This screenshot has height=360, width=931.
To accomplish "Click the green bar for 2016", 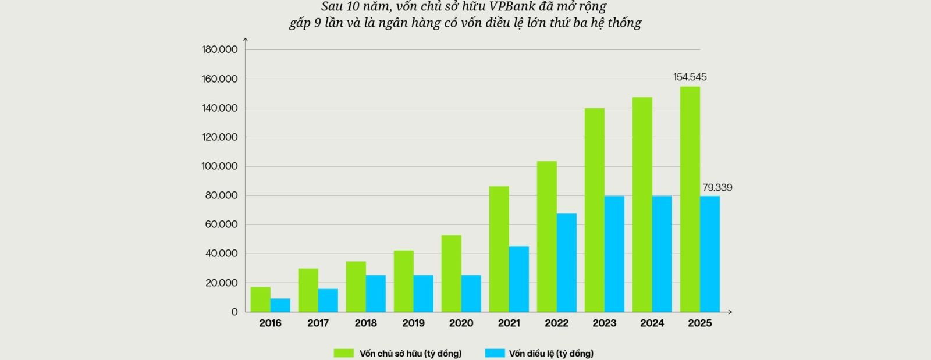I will point(260,300).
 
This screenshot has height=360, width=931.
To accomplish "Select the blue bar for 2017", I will point(328,300).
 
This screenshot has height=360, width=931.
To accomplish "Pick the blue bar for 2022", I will point(566,262).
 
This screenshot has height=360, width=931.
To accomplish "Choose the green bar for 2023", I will point(594,210).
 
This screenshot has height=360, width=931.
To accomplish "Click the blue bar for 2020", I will point(471,293).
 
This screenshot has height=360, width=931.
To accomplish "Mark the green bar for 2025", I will point(690,199).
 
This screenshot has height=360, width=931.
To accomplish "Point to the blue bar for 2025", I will point(709,254).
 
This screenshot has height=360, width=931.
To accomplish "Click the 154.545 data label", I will point(690,77).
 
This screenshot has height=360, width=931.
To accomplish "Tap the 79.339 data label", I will point(717,187).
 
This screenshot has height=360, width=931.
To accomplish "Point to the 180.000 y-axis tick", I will point(219,49).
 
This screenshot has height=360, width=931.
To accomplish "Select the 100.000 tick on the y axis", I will point(219,166).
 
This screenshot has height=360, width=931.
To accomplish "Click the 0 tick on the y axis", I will point(234,312).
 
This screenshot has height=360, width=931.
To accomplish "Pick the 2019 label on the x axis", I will point(413,323).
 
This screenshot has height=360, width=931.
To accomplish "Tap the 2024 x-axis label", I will point(652,323).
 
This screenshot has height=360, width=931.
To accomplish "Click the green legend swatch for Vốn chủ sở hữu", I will point(343,353).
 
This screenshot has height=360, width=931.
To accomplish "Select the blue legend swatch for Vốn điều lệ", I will point(494,353).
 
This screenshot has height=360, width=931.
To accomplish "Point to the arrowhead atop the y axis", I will point(246,40).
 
